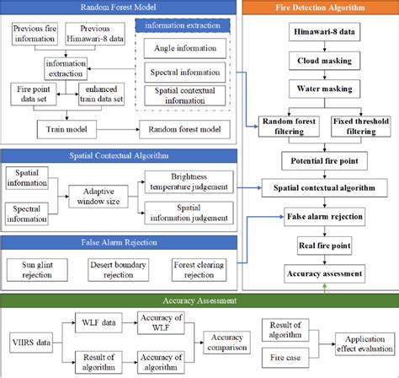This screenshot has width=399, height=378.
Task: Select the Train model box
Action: click(x=64, y=129)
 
